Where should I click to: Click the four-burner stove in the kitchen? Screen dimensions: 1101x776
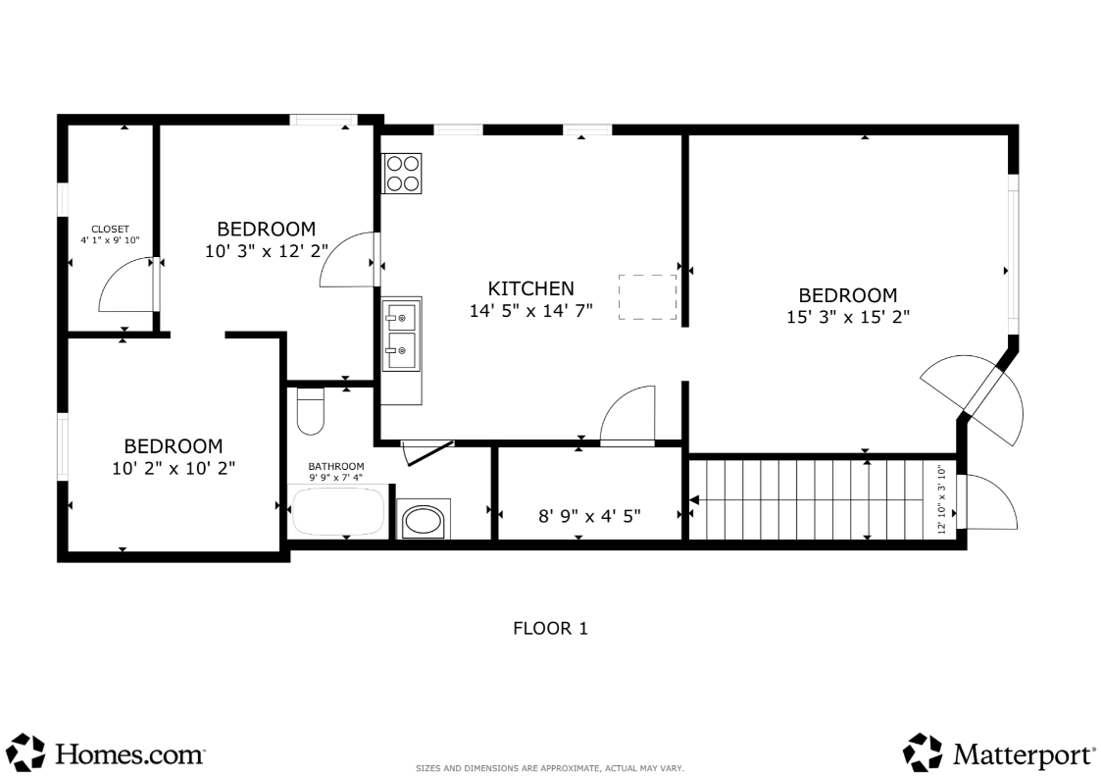pos(402,174)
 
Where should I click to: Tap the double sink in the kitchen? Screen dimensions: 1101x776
pos(401,336)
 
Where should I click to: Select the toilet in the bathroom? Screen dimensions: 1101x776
pos(311,411)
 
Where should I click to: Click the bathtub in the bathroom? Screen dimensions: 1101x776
pos(338,511)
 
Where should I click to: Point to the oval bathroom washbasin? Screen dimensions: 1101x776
pos(424,521)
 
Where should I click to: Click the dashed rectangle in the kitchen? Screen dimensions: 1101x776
pos(647,297)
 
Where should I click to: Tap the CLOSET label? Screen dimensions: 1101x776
pos(110,230)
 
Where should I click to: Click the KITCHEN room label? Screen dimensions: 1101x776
pos(530,288)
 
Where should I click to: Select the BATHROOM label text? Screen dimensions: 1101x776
pos(336,466)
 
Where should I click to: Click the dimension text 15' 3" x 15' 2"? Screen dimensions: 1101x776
pos(848,317)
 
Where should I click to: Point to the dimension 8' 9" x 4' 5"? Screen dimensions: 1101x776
pos(589,517)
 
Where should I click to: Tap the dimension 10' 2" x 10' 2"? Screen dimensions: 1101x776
pos(174,468)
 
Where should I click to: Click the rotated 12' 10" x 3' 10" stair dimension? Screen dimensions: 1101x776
pos(942,499)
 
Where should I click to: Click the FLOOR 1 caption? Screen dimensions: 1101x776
pos(551,629)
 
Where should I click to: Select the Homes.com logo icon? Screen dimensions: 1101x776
pos(28,752)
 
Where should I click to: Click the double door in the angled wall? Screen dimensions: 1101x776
pos(973,399)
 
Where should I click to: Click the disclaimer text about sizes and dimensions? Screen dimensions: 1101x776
pos(550,768)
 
